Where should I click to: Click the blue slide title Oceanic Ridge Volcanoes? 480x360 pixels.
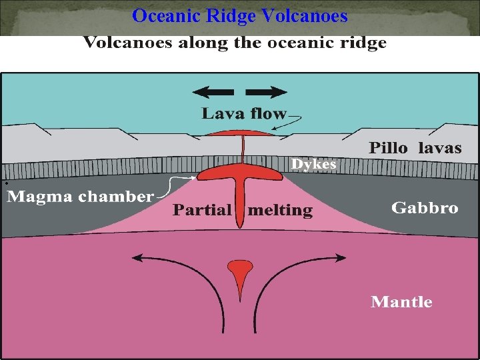point(240,15)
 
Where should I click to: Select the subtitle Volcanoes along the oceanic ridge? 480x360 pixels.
point(235,44)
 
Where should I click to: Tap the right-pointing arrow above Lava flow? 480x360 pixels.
point(271,92)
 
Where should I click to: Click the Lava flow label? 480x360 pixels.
point(244,114)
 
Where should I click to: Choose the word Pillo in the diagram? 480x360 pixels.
point(389,148)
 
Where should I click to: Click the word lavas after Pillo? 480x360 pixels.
point(439,148)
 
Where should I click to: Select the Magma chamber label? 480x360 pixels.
point(80,197)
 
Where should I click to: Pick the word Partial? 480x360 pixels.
point(202,211)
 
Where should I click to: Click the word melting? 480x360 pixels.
point(280,211)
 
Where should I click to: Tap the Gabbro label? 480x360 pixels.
point(425,208)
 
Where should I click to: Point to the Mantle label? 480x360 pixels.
point(401,302)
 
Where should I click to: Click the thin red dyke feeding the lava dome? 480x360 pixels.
point(243,150)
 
